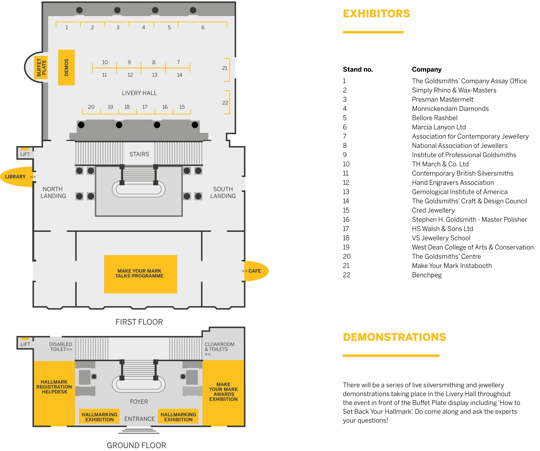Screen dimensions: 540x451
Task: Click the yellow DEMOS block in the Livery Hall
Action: (66, 67)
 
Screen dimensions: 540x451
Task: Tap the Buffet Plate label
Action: (41, 67)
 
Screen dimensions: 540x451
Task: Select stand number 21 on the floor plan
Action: (225, 68)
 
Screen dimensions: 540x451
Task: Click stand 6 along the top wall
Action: (203, 28)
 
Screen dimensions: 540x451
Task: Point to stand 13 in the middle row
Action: (155, 75)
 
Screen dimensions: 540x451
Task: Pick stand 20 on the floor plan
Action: (91, 107)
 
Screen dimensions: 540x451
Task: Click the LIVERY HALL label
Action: (139, 93)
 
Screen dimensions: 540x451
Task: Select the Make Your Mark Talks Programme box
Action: (140, 274)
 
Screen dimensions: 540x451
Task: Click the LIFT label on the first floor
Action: (25, 154)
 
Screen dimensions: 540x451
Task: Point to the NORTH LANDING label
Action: (53, 193)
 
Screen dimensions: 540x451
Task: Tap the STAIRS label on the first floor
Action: (139, 154)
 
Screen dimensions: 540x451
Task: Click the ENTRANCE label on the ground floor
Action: (140, 419)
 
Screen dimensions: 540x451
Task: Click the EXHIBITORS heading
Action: (376, 14)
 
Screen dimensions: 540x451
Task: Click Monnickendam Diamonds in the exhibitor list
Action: (450, 109)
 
